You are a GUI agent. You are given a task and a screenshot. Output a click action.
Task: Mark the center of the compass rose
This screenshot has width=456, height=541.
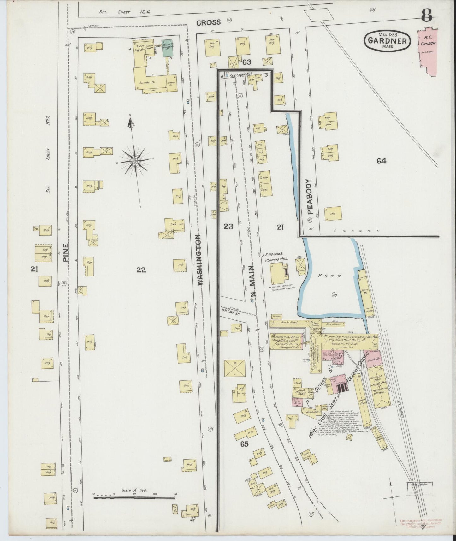135,161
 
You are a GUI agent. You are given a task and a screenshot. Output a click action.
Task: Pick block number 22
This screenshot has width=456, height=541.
141,270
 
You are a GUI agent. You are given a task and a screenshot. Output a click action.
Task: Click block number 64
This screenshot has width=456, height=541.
381,161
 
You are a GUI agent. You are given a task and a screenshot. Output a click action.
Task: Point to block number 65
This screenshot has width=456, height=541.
244,444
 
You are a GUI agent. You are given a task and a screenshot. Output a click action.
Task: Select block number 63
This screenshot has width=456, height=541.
246,62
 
